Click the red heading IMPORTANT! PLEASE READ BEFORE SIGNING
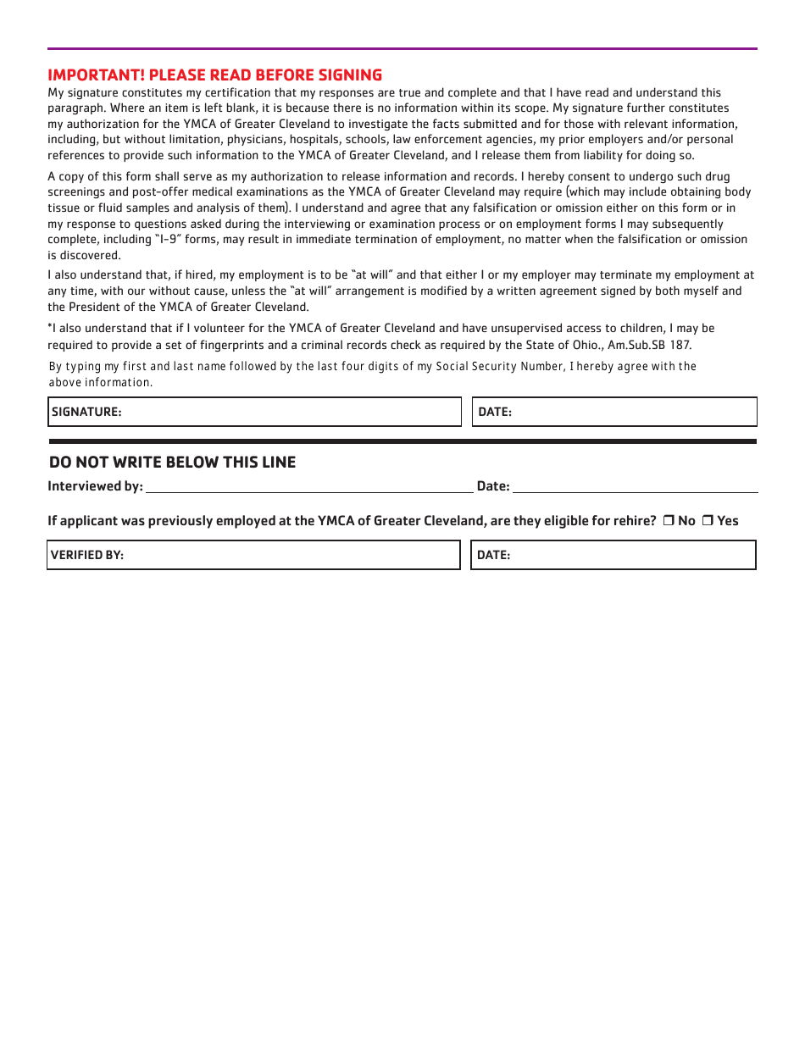tap(214, 75)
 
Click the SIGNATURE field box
tap(254, 412)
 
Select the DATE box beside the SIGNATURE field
tap(614, 412)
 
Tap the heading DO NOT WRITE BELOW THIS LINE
tap(172, 462)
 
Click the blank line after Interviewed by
tap(309, 486)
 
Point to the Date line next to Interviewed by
tap(635, 486)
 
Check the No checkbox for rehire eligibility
tap(668, 521)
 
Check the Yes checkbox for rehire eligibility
tap(707, 521)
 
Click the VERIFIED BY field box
tap(253, 555)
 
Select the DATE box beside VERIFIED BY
tap(613, 555)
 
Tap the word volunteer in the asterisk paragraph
tap(204, 328)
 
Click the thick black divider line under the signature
tap(402, 441)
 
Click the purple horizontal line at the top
tap(402, 48)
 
